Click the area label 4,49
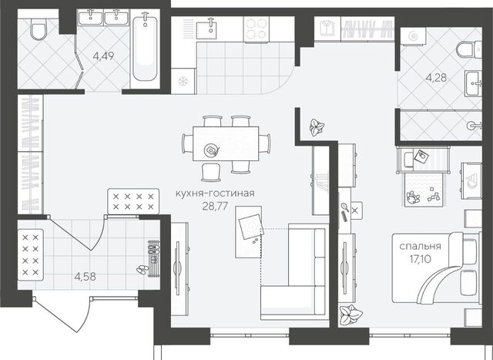click(103, 56)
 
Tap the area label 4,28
click(436, 77)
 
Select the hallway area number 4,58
click(86, 277)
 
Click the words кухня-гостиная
click(215, 193)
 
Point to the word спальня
click(420, 246)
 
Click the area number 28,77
click(215, 206)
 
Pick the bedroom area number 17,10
click(420, 259)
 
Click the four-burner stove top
click(257, 29)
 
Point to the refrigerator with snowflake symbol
click(183, 81)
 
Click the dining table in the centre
click(226, 144)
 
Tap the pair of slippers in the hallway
click(143, 269)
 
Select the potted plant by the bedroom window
click(350, 314)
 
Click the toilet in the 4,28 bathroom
click(468, 49)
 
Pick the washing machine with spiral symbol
click(413, 37)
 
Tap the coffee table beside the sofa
click(249, 232)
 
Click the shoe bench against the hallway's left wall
click(30, 254)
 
